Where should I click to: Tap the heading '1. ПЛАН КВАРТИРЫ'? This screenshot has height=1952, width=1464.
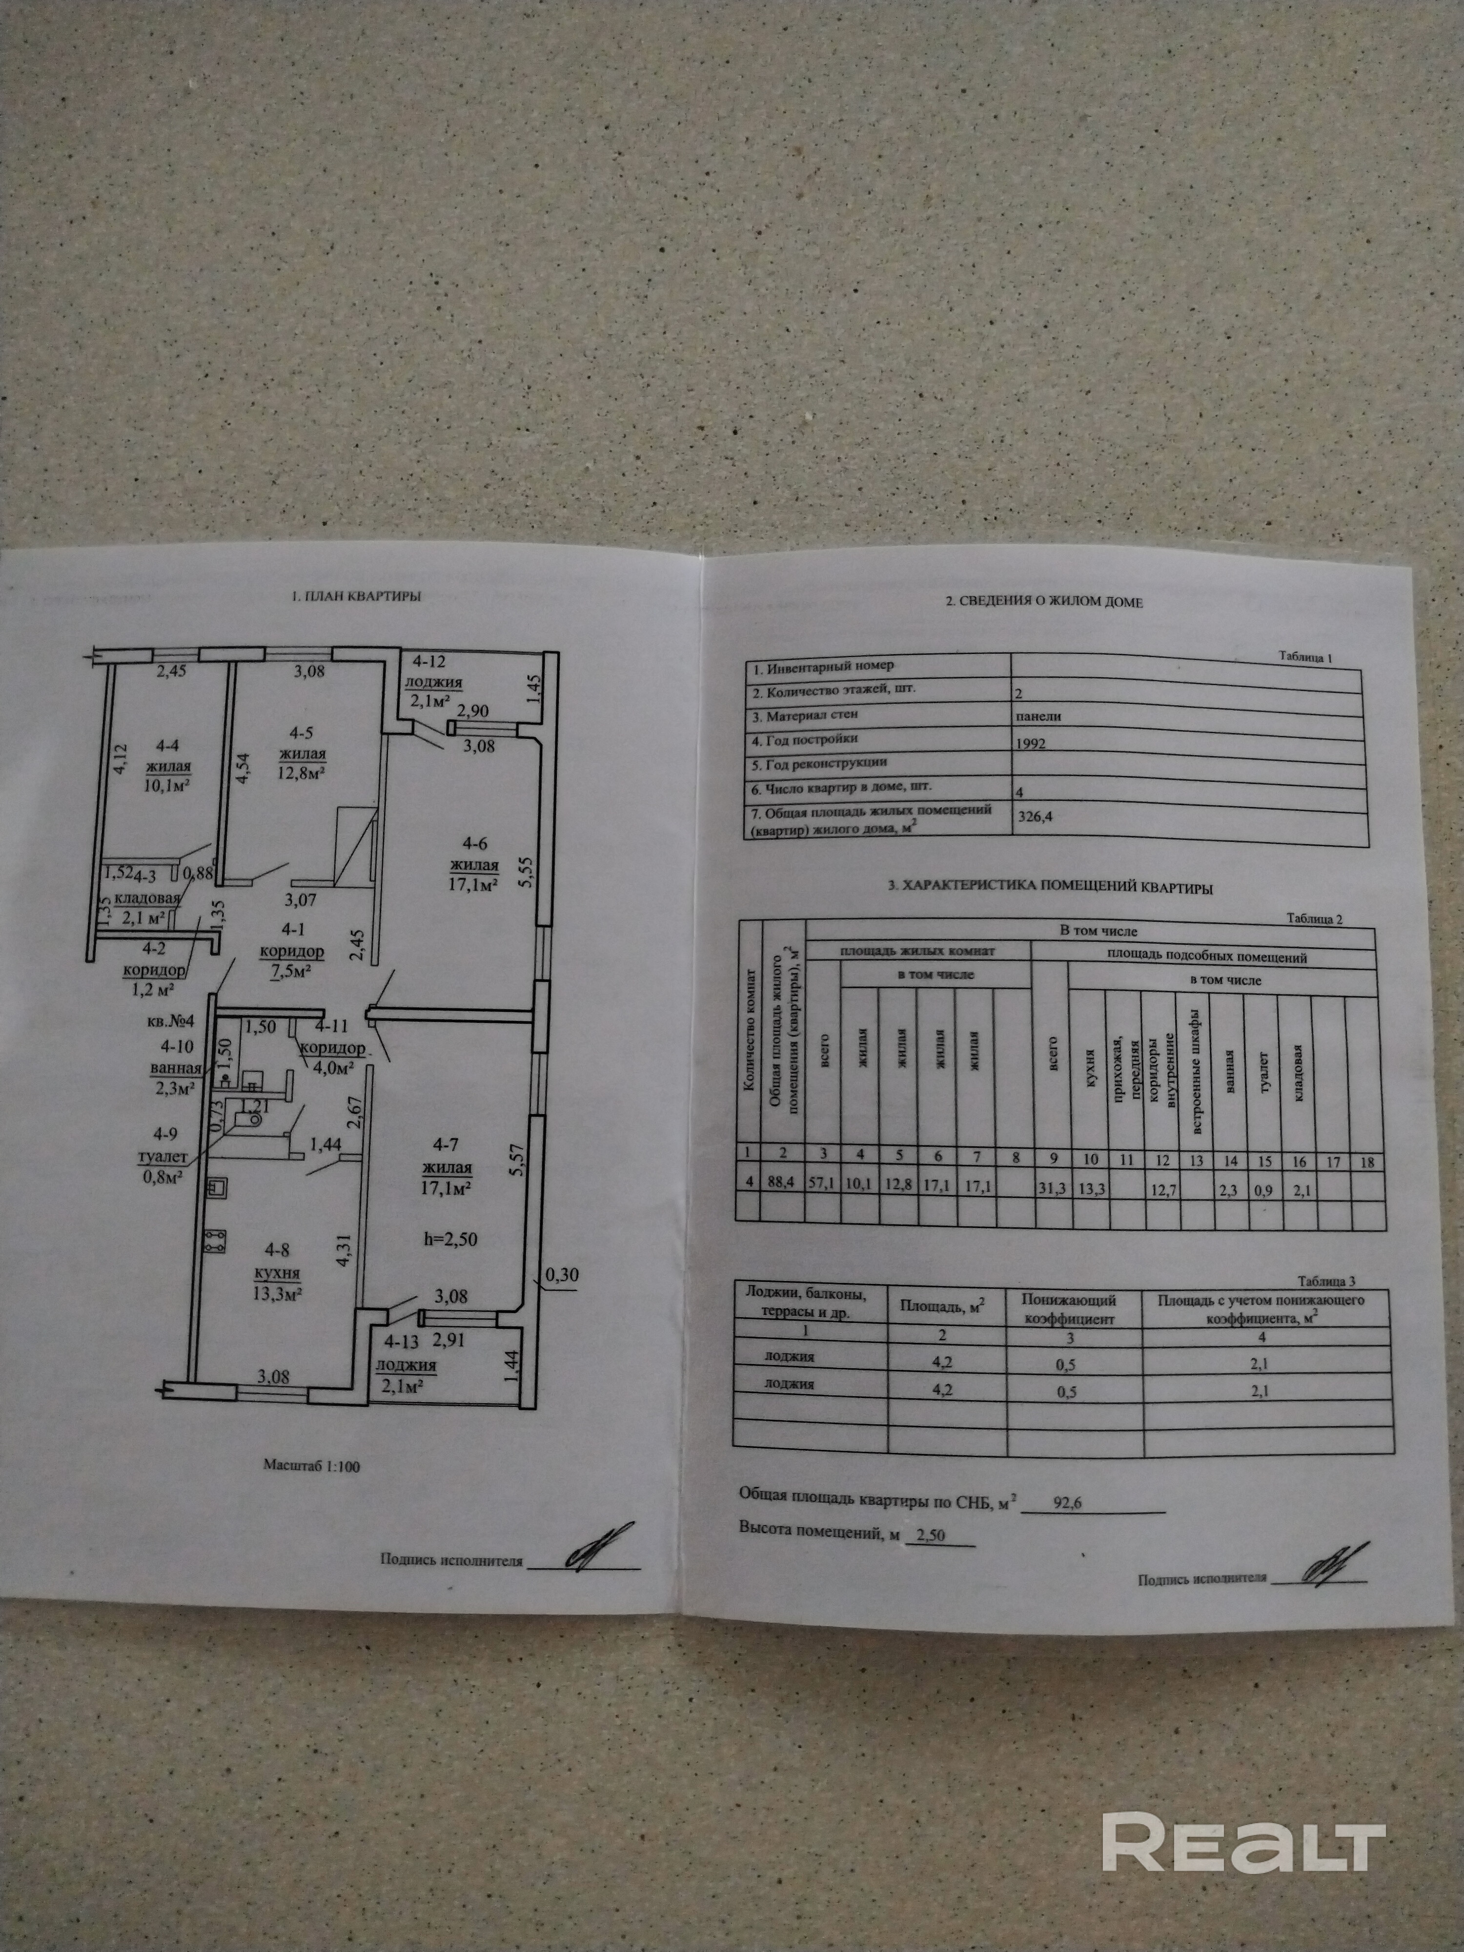tap(357, 596)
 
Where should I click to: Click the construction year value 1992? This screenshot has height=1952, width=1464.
tap(1031, 744)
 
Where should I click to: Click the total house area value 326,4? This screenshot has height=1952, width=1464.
tap(1035, 816)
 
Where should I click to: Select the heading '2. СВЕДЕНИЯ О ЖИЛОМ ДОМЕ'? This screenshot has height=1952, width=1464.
tap(1044, 603)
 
